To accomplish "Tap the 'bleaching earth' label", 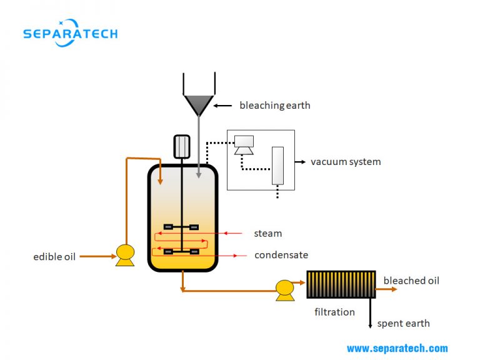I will tap(274, 105).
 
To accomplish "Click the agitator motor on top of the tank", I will tap(181, 146).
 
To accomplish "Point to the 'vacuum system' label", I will tap(346, 162).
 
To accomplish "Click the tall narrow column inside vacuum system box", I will tap(277, 165).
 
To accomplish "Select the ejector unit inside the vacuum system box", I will tap(244, 144).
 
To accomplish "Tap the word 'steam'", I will tap(267, 234).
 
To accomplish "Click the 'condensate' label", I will tap(281, 255).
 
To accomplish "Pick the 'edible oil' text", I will tap(54, 256).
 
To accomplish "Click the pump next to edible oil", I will tap(125, 254).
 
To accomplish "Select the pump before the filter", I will tap(285, 289).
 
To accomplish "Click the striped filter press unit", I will tap(341, 284).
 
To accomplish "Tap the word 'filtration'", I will tap(334, 312).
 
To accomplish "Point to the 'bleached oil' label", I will tap(411, 281).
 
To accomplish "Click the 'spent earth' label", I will tap(403, 323).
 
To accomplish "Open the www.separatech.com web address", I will tap(397, 348).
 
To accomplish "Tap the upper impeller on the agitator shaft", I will tap(181, 227).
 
